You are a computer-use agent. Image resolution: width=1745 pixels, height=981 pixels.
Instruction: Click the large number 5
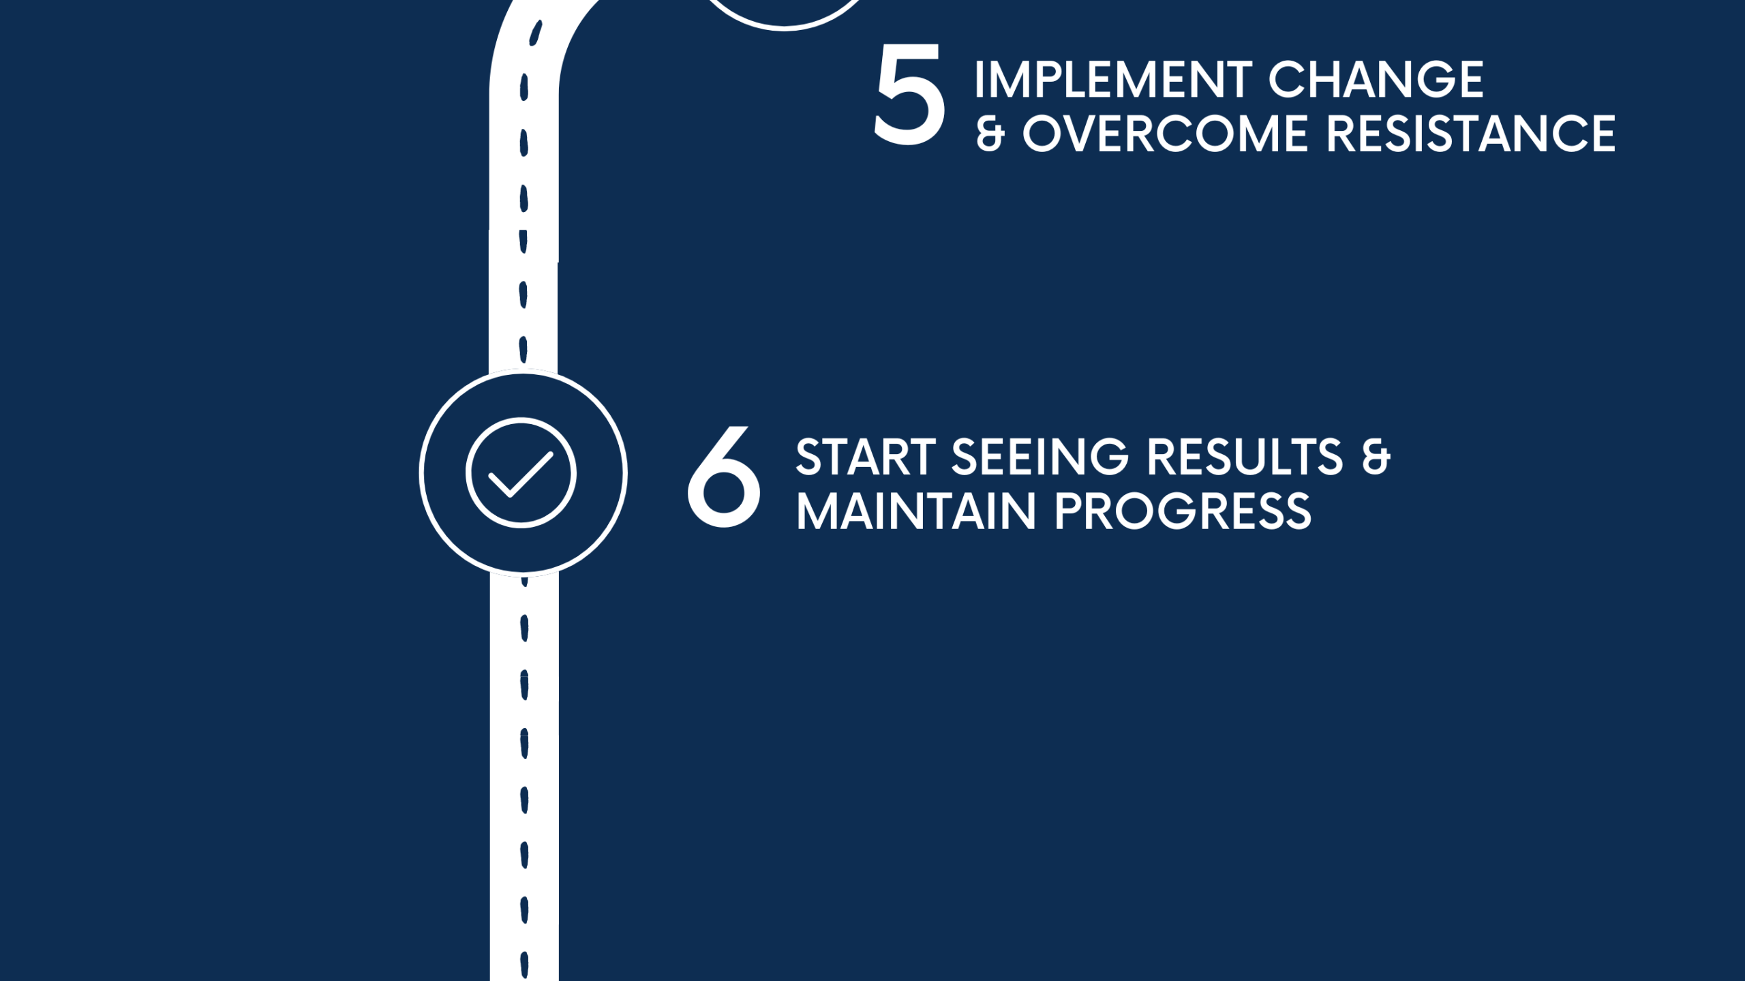(909, 94)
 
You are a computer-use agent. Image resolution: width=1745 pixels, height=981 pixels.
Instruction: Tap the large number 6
(723, 477)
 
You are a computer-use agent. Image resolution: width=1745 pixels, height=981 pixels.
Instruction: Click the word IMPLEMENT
(1113, 80)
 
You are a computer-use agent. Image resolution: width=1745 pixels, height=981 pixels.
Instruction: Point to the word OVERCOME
(1165, 134)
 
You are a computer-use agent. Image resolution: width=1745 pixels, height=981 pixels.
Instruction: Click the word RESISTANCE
(1471, 134)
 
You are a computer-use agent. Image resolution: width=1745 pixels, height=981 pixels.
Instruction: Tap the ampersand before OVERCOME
(990, 134)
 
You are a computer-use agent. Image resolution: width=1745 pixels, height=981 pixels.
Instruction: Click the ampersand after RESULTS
(1376, 457)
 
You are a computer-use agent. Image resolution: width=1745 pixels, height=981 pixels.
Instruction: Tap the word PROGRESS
(1183, 511)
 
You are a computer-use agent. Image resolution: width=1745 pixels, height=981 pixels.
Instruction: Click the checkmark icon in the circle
(521, 473)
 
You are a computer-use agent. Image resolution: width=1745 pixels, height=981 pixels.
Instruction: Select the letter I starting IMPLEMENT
(980, 80)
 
